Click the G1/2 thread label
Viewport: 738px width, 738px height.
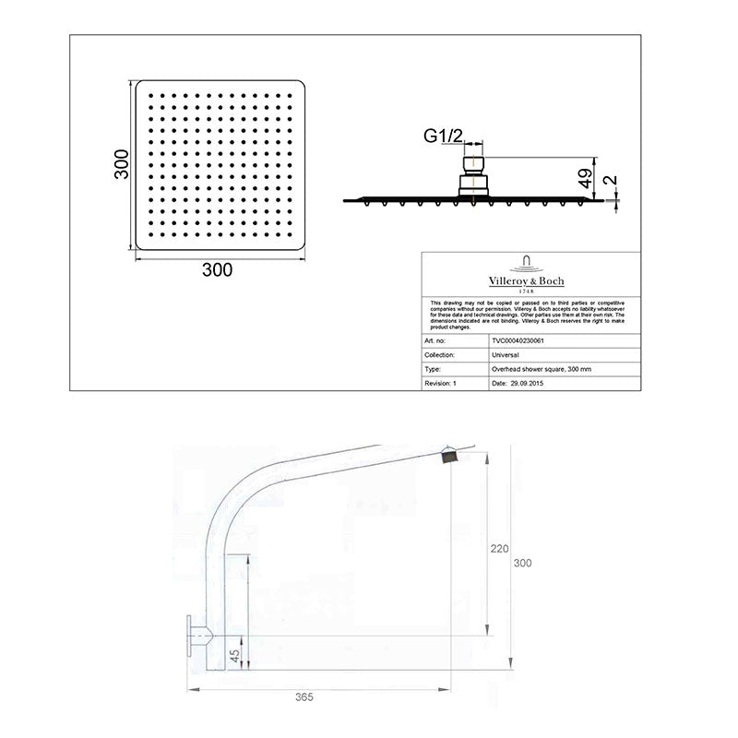point(443,137)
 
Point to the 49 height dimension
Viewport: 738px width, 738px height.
point(584,177)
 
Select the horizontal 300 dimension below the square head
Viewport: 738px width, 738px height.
point(217,270)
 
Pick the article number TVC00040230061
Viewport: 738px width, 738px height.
point(523,339)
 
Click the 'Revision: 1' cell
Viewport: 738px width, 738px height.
point(441,381)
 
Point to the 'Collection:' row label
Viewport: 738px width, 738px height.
point(441,353)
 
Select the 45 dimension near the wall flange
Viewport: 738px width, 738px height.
point(233,656)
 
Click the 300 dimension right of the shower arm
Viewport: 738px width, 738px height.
point(523,563)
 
